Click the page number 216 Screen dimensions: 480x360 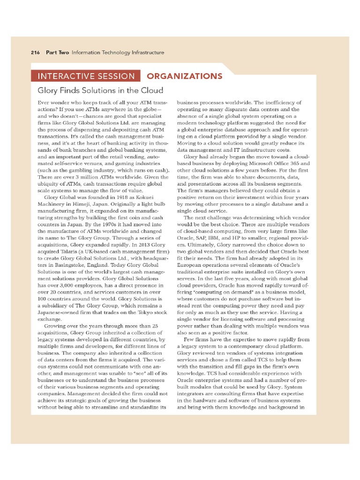click(36, 52)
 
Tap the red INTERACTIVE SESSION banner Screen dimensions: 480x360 click(86, 76)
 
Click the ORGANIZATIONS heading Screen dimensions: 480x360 click(185, 76)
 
